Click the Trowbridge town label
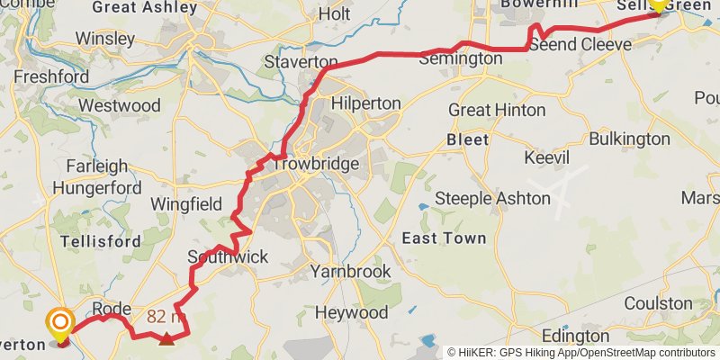coord(315,165)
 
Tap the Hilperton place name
coord(365,103)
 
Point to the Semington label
coord(462,58)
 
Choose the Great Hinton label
coord(497,110)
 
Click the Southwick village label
coord(228,257)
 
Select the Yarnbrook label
coord(350,271)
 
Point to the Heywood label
coord(352,312)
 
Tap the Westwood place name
coord(119,105)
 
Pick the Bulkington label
coord(629,139)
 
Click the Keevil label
coord(547,157)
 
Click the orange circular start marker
coord(61,322)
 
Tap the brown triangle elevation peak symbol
coord(166,338)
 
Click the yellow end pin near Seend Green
coord(657,4)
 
